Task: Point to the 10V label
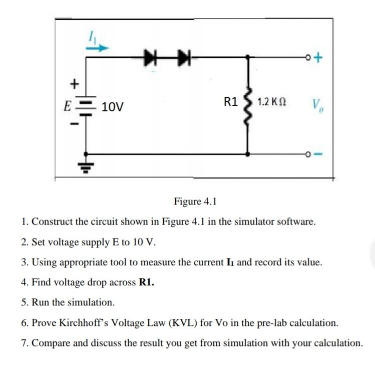click(113, 106)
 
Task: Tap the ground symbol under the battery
click(87, 165)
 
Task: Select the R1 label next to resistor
click(231, 102)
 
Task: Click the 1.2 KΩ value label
click(272, 102)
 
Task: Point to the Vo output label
click(316, 106)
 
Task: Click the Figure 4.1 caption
click(195, 202)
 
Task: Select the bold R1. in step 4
click(146, 282)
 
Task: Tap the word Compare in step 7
click(50, 343)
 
